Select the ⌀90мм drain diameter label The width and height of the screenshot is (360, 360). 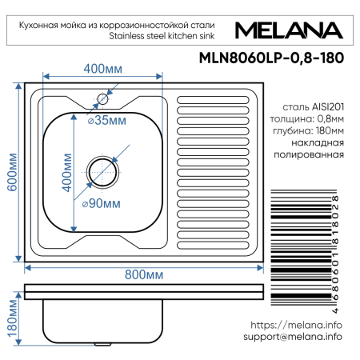102,203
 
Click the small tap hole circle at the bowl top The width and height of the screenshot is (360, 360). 102,100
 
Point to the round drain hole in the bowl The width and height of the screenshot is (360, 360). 102,169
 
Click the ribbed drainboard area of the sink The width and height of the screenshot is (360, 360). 212,168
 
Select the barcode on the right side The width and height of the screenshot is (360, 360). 304,248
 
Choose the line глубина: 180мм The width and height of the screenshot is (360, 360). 312,130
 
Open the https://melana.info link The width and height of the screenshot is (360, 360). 296,325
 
